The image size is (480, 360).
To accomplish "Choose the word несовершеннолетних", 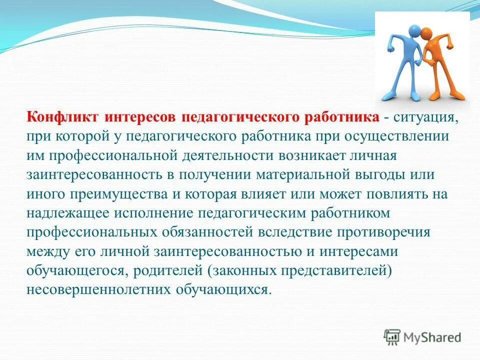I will click(x=91, y=290).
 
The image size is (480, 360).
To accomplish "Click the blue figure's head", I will click(x=413, y=31).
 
